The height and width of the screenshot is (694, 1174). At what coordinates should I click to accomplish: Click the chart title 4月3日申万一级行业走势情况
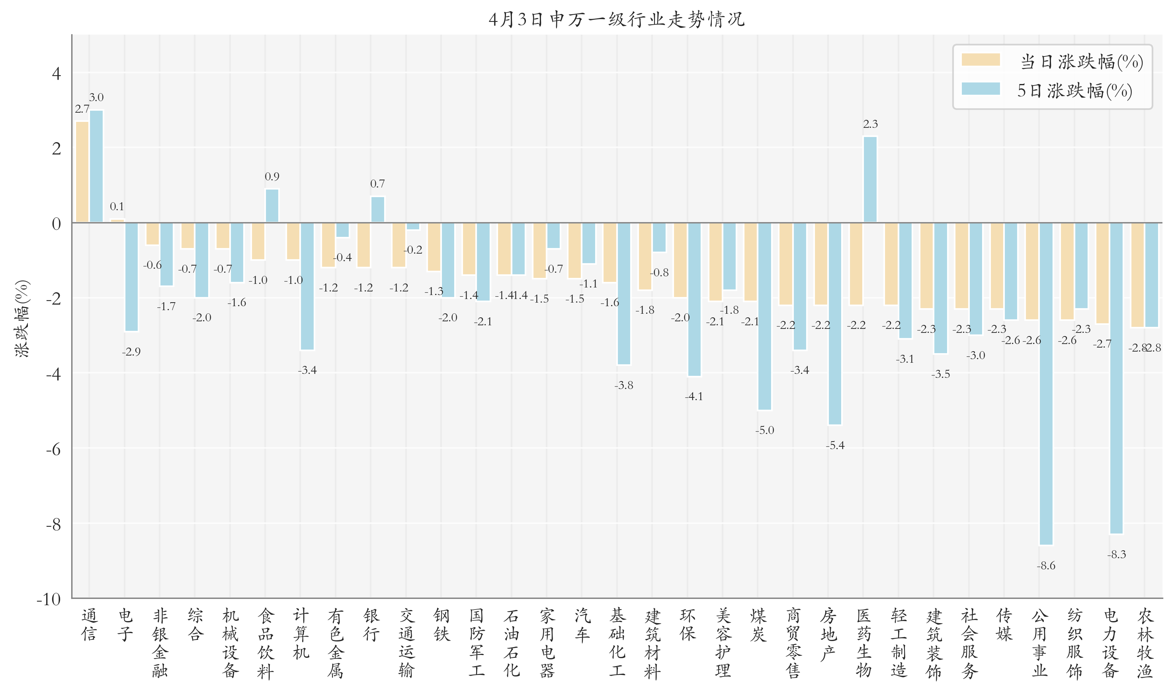click(616, 19)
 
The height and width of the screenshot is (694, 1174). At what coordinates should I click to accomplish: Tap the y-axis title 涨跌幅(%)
click(22, 319)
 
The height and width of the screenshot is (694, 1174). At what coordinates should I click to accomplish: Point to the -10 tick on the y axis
click(49, 599)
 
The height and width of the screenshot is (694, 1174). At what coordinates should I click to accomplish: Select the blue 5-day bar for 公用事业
click(1046, 383)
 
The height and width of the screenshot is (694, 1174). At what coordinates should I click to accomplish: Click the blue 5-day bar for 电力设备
click(1116, 378)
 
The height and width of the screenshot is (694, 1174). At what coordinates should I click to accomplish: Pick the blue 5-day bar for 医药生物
click(870, 180)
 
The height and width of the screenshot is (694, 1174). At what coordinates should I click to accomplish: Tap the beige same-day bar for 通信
click(82, 172)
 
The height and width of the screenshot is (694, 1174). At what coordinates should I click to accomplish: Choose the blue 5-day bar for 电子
click(131, 277)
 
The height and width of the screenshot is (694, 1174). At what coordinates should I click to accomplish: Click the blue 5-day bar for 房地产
click(834, 324)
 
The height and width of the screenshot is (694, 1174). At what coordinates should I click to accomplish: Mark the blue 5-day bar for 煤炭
click(764, 316)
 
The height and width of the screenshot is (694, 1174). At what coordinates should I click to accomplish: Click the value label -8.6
click(1046, 566)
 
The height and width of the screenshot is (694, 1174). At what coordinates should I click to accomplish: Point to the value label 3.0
click(96, 97)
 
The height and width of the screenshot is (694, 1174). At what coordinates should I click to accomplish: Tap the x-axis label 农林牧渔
click(1145, 643)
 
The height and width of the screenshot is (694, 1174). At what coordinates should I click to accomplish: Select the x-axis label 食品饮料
click(266, 643)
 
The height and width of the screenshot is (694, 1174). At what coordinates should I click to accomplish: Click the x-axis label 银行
click(371, 625)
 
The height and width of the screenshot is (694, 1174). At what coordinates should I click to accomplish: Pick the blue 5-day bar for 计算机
click(307, 286)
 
